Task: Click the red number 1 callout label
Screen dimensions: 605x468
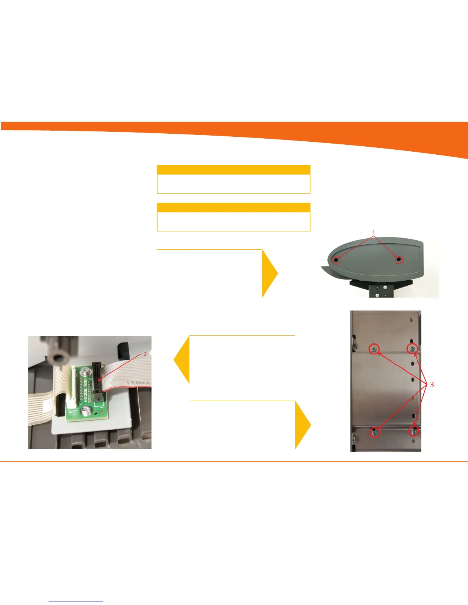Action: click(374, 232)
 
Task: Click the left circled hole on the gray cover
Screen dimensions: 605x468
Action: click(336, 260)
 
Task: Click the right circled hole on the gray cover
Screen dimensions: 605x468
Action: click(399, 260)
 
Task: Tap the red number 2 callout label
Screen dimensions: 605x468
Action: click(145, 354)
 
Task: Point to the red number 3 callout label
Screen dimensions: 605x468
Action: click(432, 384)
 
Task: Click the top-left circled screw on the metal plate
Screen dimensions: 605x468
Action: click(374, 349)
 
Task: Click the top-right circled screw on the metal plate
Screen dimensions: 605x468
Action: click(412, 348)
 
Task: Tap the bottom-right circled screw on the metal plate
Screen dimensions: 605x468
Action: click(413, 431)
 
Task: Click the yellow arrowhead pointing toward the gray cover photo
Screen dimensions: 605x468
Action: click(270, 273)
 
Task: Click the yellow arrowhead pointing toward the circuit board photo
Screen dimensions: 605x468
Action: click(182, 359)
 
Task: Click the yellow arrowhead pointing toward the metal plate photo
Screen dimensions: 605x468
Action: click(303, 425)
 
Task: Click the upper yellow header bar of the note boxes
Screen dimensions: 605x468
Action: click(233, 170)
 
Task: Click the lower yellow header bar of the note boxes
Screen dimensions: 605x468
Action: click(233, 207)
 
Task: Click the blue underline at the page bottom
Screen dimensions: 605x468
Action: click(76, 602)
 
